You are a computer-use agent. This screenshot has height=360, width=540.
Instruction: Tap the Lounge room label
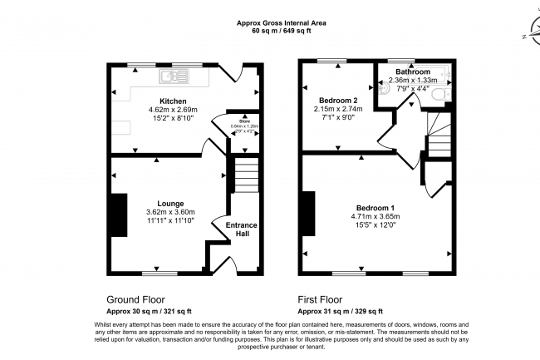coord(170,203)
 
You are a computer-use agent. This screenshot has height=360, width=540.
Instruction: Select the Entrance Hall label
coord(241,229)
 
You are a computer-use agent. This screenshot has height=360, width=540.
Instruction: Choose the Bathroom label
coord(412,72)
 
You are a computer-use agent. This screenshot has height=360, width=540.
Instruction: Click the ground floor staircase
coord(243,176)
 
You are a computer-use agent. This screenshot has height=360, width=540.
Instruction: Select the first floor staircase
coord(438,133)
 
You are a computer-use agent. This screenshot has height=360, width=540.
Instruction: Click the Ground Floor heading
coord(135,299)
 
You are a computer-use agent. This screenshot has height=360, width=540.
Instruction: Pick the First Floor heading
coord(320,299)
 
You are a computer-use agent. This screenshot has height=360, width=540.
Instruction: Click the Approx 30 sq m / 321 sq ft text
coord(150,310)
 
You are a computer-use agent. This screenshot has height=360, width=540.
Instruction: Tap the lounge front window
coord(159,273)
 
